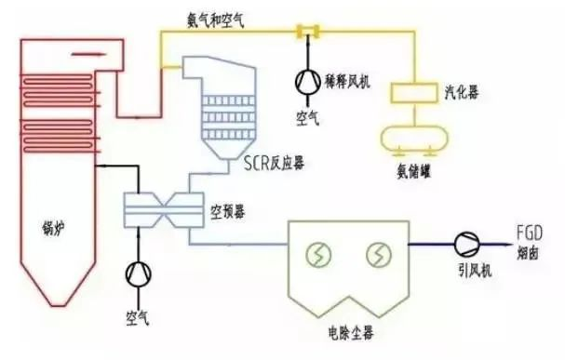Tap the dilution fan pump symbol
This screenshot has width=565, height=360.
click(x=305, y=82)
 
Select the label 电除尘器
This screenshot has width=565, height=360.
click(x=342, y=328)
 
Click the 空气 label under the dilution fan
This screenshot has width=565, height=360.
click(x=307, y=119)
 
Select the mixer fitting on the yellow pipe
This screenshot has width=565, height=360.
click(x=304, y=33)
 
